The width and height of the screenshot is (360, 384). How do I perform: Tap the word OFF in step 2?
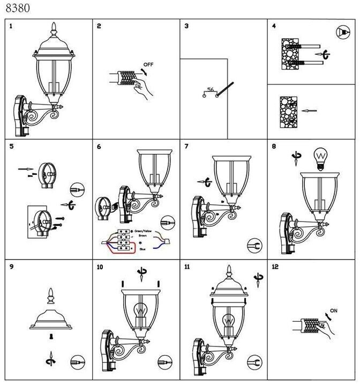click(x=148, y=65)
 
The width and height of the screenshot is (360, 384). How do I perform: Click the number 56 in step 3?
click(x=210, y=89)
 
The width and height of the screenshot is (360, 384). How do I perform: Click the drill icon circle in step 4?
click(x=341, y=33)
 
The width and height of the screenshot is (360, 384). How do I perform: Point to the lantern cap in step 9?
click(x=51, y=316)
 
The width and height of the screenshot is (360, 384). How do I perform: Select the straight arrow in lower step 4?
click(x=309, y=111)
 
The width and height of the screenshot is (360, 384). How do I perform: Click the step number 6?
click(x=99, y=146)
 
